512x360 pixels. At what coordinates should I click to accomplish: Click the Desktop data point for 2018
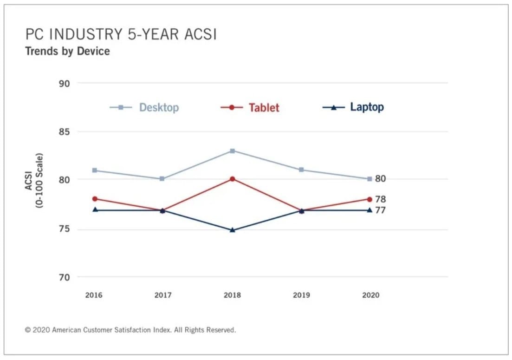point(233,151)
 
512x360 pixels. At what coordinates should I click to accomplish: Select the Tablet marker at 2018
point(233,178)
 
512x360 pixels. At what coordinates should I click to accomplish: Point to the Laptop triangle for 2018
point(233,230)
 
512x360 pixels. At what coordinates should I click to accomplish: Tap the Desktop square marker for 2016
point(95,170)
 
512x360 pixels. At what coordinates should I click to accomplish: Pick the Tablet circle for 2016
point(95,199)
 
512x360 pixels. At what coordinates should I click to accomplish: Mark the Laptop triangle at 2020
point(369,210)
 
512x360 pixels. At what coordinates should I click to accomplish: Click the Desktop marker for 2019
point(301,170)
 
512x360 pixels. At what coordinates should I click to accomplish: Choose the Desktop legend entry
point(144,107)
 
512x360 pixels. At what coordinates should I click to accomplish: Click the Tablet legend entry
point(250,107)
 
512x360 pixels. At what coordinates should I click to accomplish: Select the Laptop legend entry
point(353,107)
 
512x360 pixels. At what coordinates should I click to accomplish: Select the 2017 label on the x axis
point(163,295)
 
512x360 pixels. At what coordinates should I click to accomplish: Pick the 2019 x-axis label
point(301,295)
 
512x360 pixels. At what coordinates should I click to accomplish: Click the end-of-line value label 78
point(381,199)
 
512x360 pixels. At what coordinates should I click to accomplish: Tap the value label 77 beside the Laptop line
point(381,210)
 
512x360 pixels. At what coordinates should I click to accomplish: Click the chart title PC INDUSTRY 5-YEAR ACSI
point(121,34)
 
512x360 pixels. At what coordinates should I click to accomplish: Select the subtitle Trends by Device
point(67,51)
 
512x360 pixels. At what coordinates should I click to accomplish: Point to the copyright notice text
point(130,330)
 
